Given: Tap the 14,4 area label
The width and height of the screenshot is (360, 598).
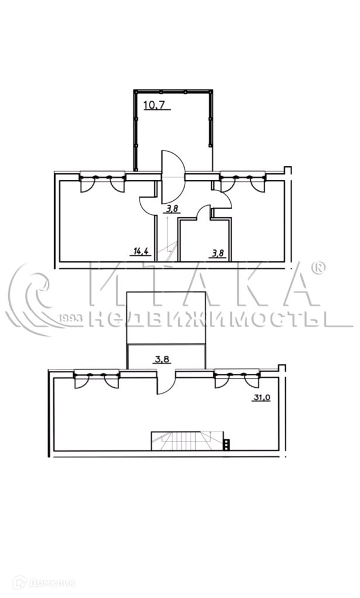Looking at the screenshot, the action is coord(140,251).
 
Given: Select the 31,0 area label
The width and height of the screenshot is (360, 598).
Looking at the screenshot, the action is coord(261,397).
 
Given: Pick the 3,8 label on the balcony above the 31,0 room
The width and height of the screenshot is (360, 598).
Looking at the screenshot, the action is coord(162,359).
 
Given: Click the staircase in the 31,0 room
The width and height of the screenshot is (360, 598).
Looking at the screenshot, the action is coord(188,441).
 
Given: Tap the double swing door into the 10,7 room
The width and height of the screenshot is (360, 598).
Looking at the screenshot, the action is coord(174,177).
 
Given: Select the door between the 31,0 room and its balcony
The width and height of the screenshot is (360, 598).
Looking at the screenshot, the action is coord(166,381).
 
